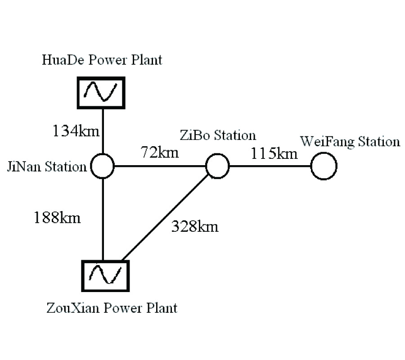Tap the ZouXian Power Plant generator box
coord(105,275)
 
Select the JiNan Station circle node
coord(103,166)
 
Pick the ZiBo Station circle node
coord(218,166)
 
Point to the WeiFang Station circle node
coord(324,166)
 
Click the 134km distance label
coord(75,131)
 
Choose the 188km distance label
coord(57,217)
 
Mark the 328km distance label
coord(194,226)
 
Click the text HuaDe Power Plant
coord(102,60)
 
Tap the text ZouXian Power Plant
coord(112,308)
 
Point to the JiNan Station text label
coord(46,167)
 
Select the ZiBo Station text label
coord(217,135)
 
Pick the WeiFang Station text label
coord(350,142)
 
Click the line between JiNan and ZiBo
coord(160,166)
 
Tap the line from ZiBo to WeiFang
coord(270,166)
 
